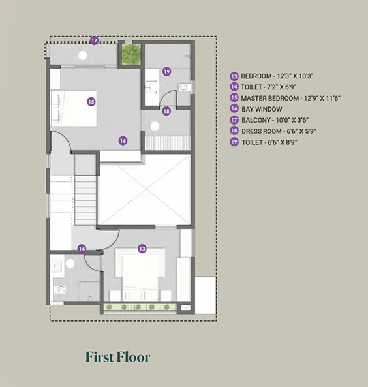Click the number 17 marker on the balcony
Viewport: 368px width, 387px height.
pyautogui.click(x=94, y=40)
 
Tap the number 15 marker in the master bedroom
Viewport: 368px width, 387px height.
pyautogui.click(x=91, y=102)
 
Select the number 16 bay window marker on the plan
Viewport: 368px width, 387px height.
pyautogui.click(x=123, y=141)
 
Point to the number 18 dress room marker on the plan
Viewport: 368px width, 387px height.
pyautogui.click(x=166, y=111)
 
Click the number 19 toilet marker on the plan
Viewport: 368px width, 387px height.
pyautogui.click(x=167, y=72)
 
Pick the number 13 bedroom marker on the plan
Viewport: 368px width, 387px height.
pyautogui.click(x=142, y=249)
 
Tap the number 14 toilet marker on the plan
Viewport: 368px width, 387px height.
pyautogui.click(x=82, y=249)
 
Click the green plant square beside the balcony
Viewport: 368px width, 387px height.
pyautogui.click(x=131, y=54)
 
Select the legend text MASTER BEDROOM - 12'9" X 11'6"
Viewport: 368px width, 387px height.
pyautogui.click(x=291, y=99)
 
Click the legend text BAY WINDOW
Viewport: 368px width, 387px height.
pyautogui.click(x=262, y=109)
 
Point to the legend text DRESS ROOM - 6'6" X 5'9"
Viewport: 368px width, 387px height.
pyautogui.click(x=279, y=131)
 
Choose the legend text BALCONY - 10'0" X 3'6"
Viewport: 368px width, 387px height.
pyautogui.click(x=275, y=120)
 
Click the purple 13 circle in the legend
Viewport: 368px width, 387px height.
pyautogui.click(x=234, y=76)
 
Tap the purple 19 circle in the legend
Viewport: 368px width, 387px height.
pyautogui.click(x=234, y=142)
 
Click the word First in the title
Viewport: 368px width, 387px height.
pyautogui.click(x=100, y=357)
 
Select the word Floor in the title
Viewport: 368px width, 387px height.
pyautogui.click(x=134, y=357)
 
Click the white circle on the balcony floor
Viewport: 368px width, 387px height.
pyautogui.click(x=83, y=55)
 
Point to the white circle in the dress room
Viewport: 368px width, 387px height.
pyautogui.click(x=155, y=126)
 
